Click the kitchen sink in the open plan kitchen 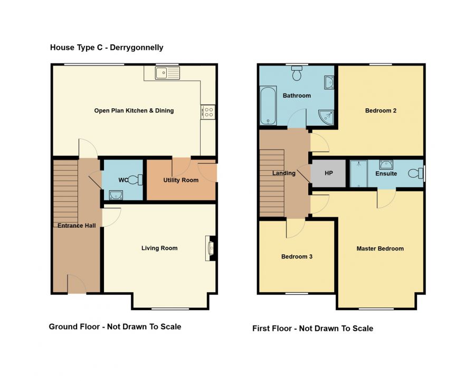tap(167, 73)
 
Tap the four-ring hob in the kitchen tap(208, 112)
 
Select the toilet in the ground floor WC tap(135, 180)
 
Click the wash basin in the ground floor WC tap(116, 195)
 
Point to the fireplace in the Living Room tap(211, 248)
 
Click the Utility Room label tap(181, 180)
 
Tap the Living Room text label tap(159, 248)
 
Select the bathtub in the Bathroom tap(268, 106)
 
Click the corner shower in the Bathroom tap(326, 117)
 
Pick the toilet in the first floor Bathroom tap(297, 73)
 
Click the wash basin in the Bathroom tap(329, 82)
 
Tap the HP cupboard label tap(329, 173)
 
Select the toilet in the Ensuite tap(416, 173)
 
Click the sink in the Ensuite tap(386, 165)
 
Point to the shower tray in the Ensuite tap(359, 173)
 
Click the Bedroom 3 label tap(297, 257)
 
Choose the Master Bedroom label tap(380, 249)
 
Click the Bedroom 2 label tap(381, 110)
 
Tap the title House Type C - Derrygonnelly tap(107, 48)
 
